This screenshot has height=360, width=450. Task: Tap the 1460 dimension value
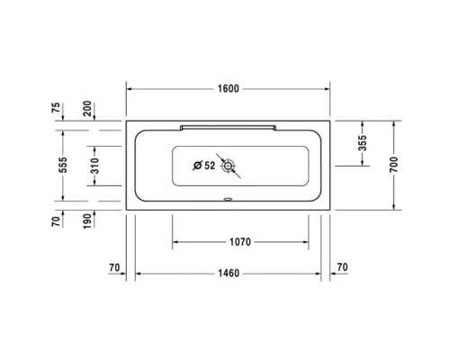(229, 273)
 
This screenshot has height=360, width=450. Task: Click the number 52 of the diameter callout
(210, 166)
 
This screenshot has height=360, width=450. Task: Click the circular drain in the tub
(229, 166)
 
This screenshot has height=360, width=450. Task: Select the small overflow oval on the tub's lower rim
(229, 201)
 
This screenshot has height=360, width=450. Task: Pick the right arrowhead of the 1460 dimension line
(320, 273)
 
